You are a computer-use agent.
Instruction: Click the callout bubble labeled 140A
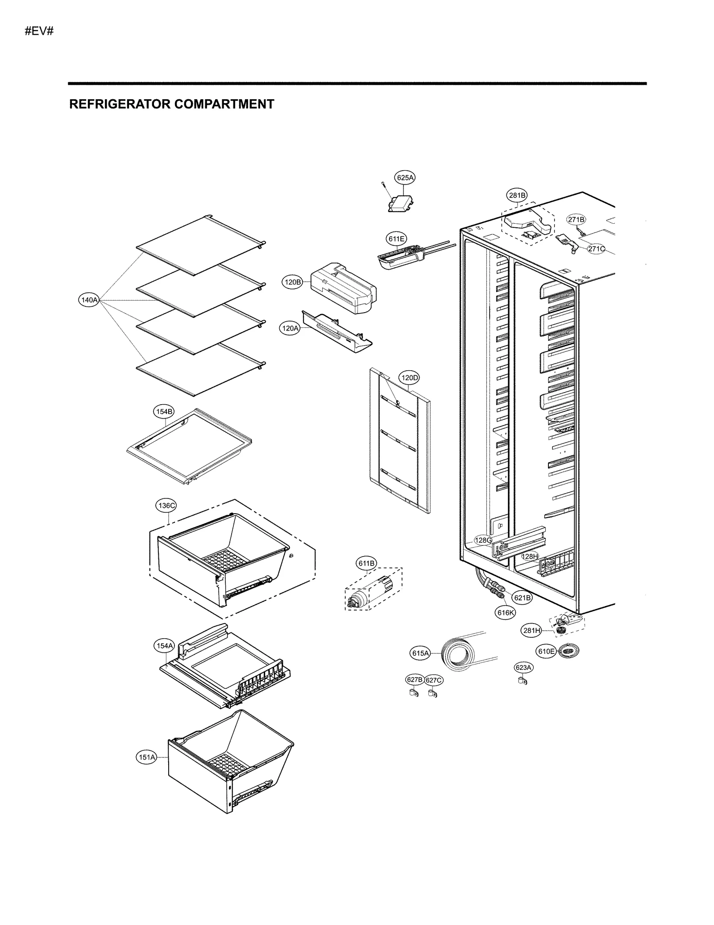coord(88,300)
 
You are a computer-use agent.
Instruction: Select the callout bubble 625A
coord(405,178)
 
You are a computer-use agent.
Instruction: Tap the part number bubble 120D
coord(409,378)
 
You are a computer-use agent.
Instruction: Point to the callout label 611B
coord(366,564)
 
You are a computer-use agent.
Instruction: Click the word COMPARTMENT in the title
coord(224,104)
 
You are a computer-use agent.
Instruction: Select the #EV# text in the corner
coord(39,31)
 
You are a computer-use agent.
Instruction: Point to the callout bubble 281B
coord(517,195)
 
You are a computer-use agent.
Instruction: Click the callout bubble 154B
coord(164,412)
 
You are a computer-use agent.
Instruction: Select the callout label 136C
coord(166,506)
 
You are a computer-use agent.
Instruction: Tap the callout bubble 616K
coord(506,613)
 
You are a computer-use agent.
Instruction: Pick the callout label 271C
coord(596,249)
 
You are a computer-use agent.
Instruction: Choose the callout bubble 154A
coord(164,646)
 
